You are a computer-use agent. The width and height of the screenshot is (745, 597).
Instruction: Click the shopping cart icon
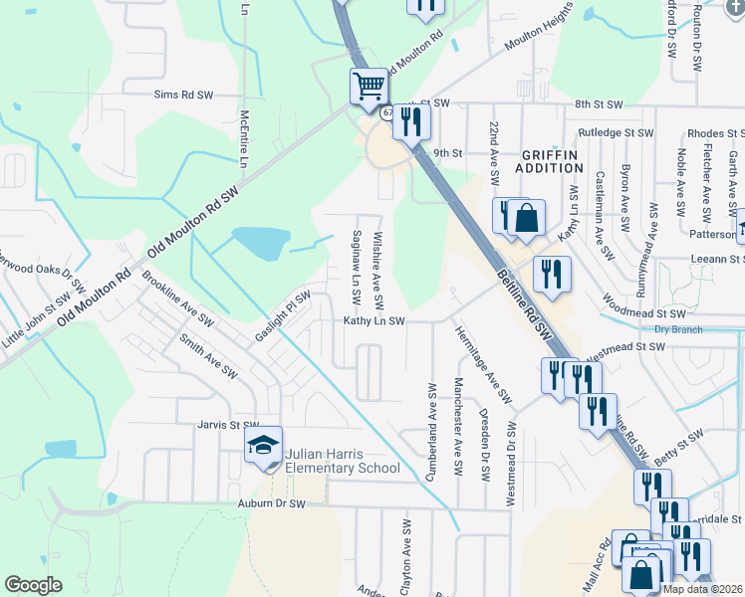point(369,87)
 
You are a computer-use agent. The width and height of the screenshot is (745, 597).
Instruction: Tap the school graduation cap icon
point(264,447)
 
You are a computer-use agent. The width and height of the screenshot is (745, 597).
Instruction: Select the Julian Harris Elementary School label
point(342,461)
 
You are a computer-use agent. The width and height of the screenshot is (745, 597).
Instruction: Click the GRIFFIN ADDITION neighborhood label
point(549,161)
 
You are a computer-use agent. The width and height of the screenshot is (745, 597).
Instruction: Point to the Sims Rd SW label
point(184,96)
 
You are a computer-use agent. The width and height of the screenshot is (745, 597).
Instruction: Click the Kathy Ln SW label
point(373,321)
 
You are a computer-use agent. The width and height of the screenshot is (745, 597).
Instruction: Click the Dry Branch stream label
point(678,329)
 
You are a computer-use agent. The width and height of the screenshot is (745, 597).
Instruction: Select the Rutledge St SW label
point(616,132)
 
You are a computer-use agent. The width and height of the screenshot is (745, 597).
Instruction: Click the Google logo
point(33,585)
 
